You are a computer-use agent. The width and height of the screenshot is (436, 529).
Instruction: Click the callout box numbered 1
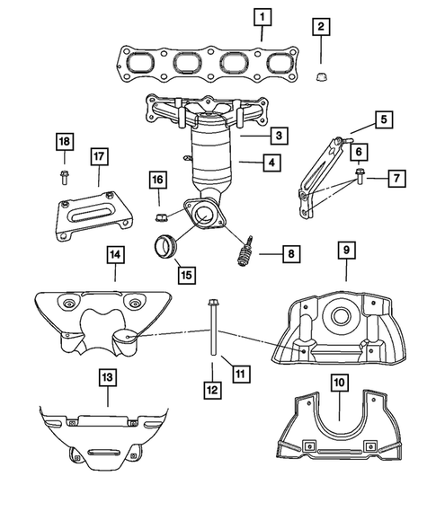[261, 15]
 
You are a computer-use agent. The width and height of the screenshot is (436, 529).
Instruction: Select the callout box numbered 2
[320, 27]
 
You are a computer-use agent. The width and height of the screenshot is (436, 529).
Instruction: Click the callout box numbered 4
[270, 163]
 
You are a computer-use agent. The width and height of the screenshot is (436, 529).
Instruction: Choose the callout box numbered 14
[115, 256]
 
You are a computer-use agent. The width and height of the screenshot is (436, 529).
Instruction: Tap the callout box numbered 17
[99, 157]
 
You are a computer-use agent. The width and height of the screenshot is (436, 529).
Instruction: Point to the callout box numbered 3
[280, 136]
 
